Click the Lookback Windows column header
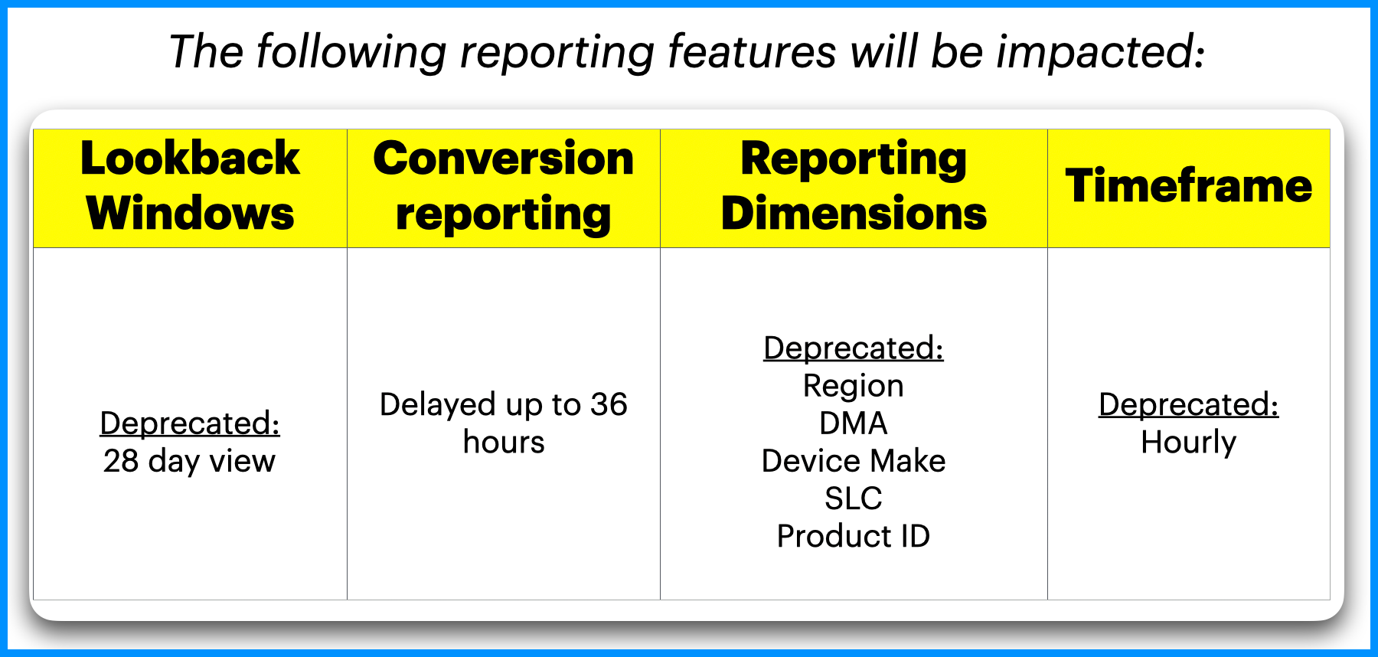click(x=190, y=186)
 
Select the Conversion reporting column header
click(x=504, y=186)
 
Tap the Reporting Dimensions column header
click(x=854, y=186)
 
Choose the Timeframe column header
click(x=1189, y=186)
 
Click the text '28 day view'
click(x=189, y=461)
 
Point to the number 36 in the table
click(x=609, y=404)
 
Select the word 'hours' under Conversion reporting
click(x=504, y=442)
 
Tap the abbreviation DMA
click(x=854, y=423)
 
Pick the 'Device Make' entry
click(x=854, y=461)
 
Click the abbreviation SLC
click(x=854, y=498)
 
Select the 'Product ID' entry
click(x=854, y=536)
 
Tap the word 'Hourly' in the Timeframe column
click(x=1189, y=443)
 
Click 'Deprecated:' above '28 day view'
click(x=190, y=423)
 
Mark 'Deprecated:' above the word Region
click(x=854, y=348)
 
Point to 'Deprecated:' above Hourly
click(x=1189, y=405)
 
